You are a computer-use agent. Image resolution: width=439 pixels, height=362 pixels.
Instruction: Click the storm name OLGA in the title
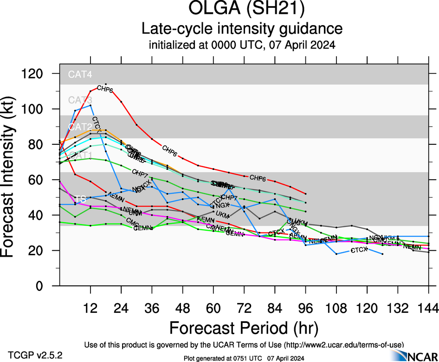point(213,9)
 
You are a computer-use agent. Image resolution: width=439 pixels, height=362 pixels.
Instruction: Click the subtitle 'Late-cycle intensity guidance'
point(242,29)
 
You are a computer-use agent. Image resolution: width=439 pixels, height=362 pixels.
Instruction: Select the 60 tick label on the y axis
point(36,180)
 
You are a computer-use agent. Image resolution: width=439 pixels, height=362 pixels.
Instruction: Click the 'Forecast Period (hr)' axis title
point(244,328)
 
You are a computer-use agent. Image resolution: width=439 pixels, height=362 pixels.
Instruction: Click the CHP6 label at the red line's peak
point(105,89)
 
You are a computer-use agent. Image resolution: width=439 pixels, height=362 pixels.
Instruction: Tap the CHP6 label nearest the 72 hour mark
point(258,178)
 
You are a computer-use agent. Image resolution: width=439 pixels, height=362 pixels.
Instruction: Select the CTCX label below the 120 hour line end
point(359,250)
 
